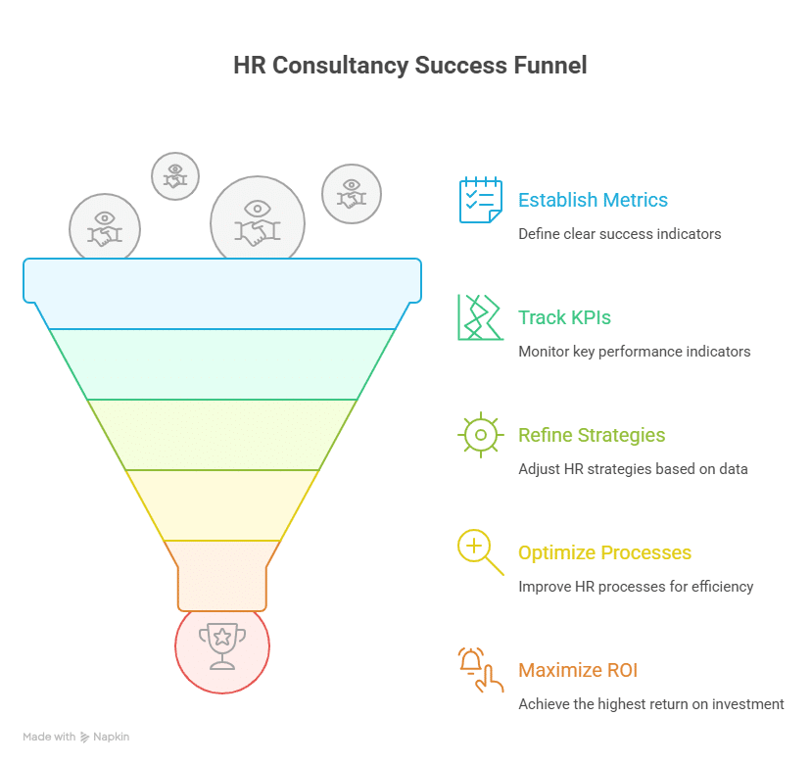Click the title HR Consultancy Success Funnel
(x=410, y=66)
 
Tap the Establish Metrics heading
(x=593, y=200)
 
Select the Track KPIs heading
(x=564, y=317)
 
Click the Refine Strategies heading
(x=592, y=435)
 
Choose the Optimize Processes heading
(x=604, y=552)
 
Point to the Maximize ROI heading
(x=578, y=670)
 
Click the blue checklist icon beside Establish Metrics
(x=481, y=200)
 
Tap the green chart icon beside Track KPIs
(x=481, y=317)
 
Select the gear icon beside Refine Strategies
(x=481, y=435)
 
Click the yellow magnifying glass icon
(x=481, y=552)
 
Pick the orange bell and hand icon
(x=481, y=670)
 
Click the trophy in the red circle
(x=222, y=646)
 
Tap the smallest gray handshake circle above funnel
(x=175, y=176)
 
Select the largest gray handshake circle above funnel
(x=258, y=219)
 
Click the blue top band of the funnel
(x=222, y=293)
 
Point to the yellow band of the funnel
(x=222, y=505)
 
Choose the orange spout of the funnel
(x=222, y=576)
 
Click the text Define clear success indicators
(x=620, y=234)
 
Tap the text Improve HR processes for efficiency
(x=636, y=587)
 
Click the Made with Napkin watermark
(x=76, y=737)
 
